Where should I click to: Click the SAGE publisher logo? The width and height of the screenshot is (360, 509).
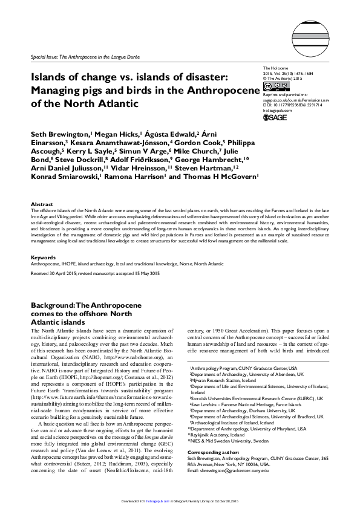(x=275, y=117)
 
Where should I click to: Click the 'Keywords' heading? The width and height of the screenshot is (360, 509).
(x=43, y=257)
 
